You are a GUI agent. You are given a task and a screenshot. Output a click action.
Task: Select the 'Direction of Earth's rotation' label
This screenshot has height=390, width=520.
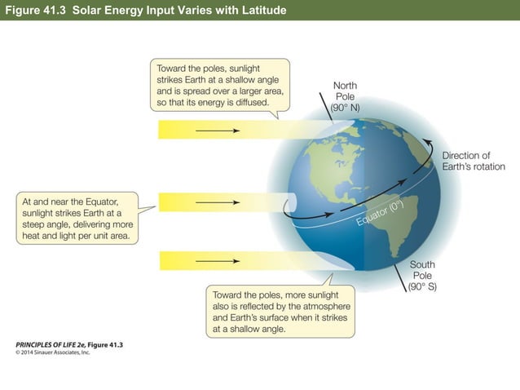point(473,161)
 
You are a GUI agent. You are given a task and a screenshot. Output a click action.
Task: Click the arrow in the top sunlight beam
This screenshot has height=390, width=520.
point(218,130)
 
